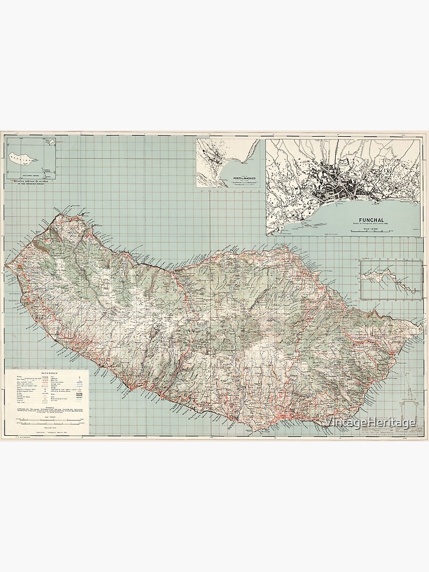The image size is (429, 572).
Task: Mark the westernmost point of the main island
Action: pyautogui.click(x=5, y=264)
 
